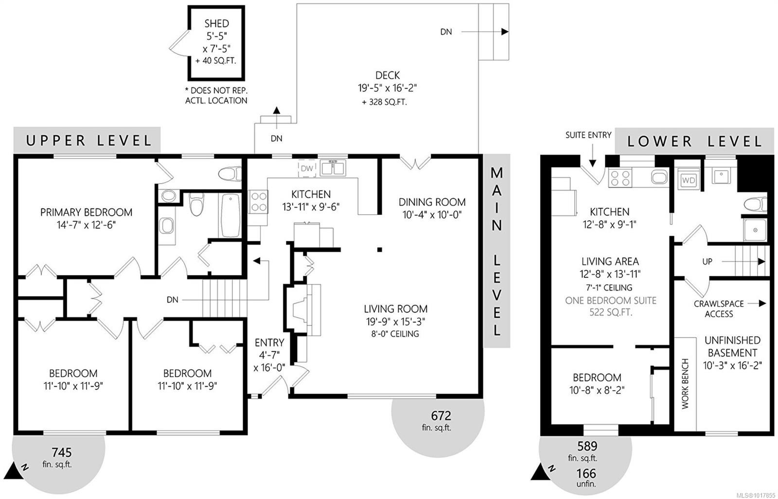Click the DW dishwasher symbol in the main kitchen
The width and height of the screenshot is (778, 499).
coord(307,169)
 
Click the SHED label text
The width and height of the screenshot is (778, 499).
coord(216,23)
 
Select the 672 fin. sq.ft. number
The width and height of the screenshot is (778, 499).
coord(441,416)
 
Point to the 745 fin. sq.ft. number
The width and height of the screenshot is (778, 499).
coord(61,453)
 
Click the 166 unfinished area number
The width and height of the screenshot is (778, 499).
coord(586,473)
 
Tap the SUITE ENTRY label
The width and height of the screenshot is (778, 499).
coord(588,135)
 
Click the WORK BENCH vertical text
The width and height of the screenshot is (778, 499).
coord(685,384)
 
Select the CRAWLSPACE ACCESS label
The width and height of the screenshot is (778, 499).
coord(719,309)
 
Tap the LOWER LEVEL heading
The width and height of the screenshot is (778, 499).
coord(695,141)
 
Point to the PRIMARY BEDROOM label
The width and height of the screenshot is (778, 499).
coord(86,212)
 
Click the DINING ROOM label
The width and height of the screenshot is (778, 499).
coord(432,202)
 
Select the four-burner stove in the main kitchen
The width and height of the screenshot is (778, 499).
coord(258,202)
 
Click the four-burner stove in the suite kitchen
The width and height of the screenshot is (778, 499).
coord(620,178)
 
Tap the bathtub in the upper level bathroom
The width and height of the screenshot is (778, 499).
coord(230,215)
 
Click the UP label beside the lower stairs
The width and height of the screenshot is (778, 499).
coord(707,261)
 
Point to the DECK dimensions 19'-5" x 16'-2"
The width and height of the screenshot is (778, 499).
coord(387,88)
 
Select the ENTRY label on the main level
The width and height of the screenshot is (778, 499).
coord(269,343)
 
